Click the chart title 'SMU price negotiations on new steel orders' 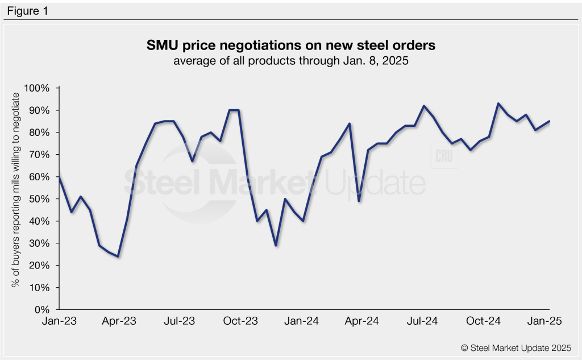click(291, 44)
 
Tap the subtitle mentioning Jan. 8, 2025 click(291, 61)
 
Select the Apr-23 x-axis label click(119, 322)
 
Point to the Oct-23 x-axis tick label click(241, 322)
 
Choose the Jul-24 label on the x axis click(422, 322)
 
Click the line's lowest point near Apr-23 click(118, 256)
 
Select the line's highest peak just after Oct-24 click(498, 104)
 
